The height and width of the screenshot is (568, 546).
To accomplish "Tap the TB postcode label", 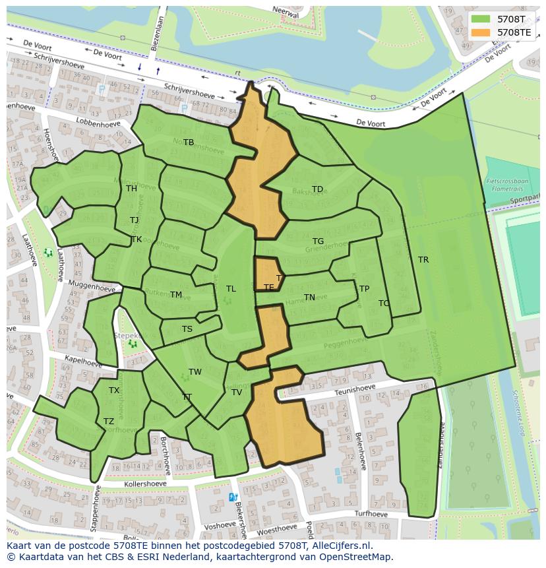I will click(x=189, y=142).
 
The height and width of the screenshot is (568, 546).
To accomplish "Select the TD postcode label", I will click(x=317, y=189).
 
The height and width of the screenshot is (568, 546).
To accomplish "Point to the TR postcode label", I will click(x=423, y=260).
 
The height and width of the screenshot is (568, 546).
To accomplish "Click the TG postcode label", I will click(x=318, y=241).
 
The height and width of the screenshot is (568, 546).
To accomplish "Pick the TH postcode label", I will click(x=131, y=189).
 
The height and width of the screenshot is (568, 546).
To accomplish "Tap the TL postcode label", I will click(x=231, y=289).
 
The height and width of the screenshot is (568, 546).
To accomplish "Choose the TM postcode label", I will click(x=176, y=295).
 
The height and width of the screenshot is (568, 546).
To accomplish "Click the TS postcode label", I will click(x=187, y=329).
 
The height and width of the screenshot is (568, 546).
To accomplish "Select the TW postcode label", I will click(x=195, y=372).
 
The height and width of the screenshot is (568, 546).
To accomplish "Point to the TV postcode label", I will click(x=237, y=393).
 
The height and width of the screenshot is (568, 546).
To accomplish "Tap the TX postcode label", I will click(x=114, y=391).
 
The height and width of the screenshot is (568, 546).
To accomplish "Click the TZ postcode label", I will click(x=109, y=422).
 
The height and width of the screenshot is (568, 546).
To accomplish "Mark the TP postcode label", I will click(x=364, y=289).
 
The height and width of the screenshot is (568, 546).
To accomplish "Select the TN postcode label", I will click(x=309, y=298).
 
